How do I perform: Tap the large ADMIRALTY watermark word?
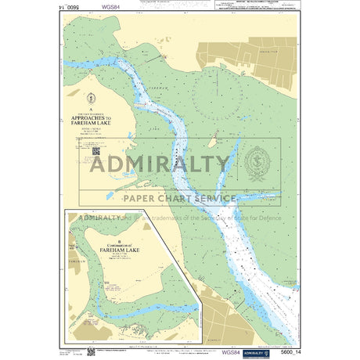tap(160, 164)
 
